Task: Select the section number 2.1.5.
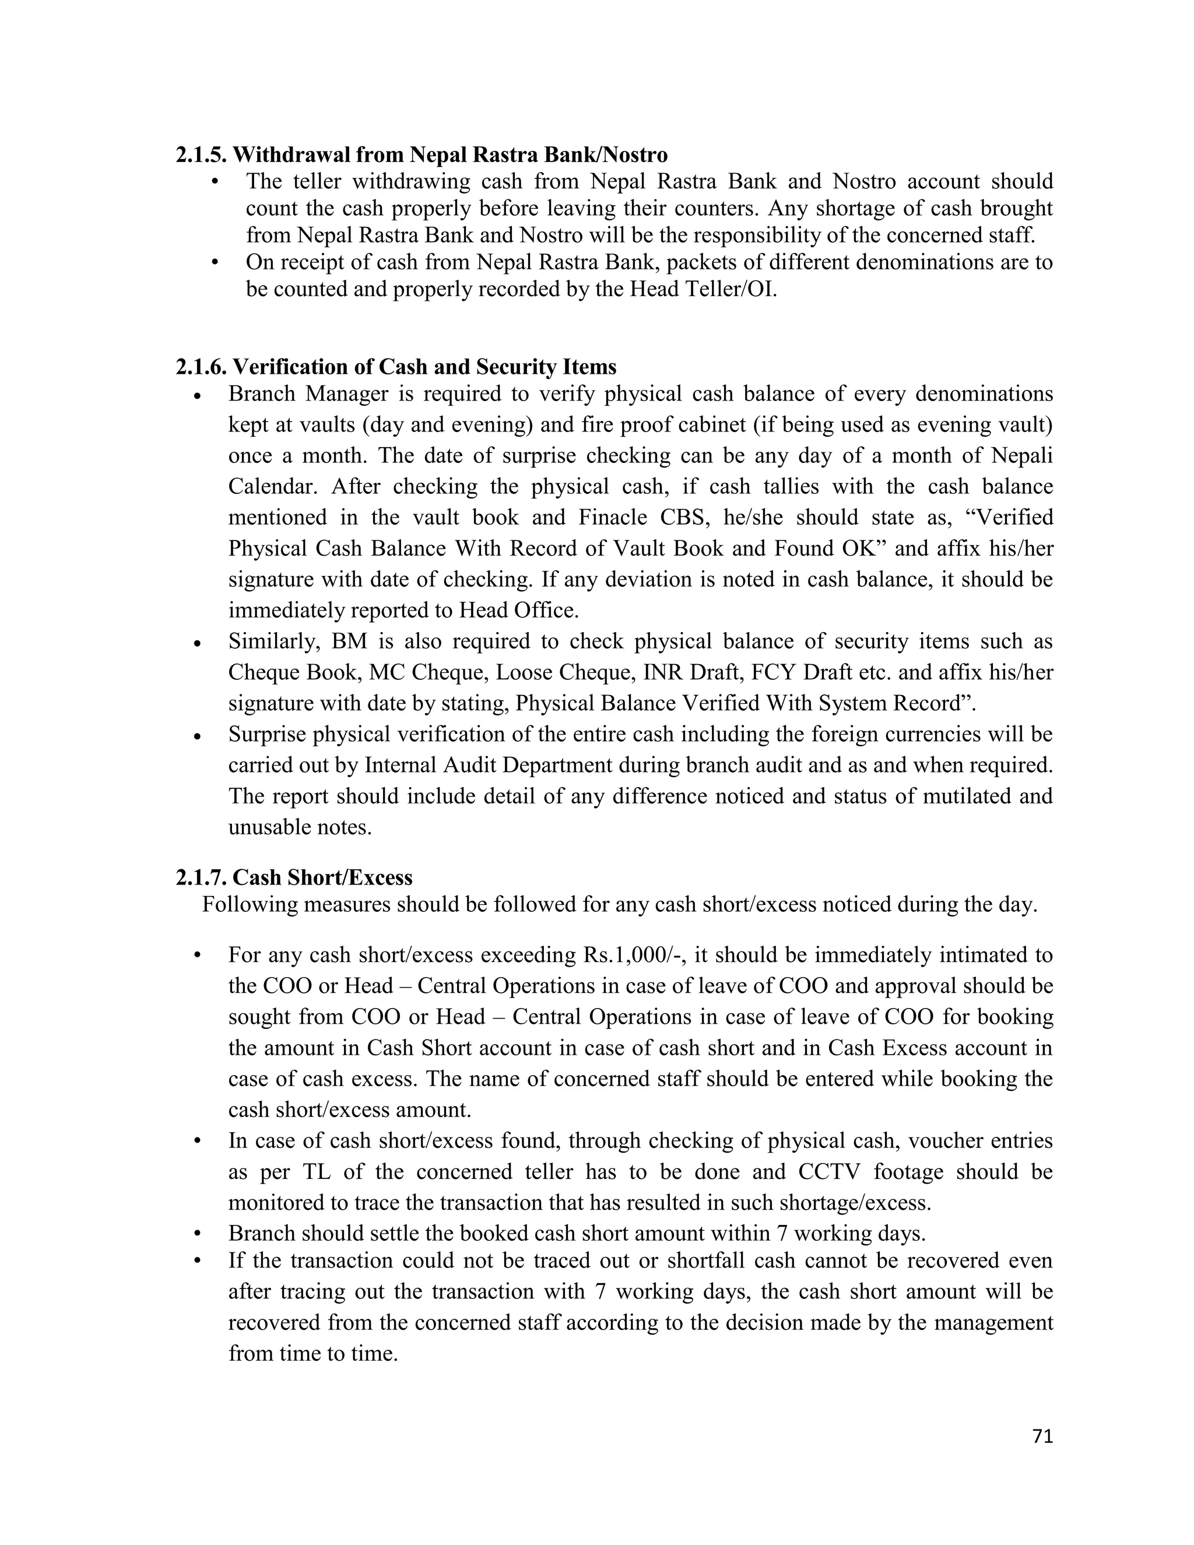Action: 201,154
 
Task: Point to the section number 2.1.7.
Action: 201,878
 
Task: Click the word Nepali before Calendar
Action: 1021,455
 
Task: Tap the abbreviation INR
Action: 664,672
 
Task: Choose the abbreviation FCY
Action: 774,672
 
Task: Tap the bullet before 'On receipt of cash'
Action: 215,263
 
